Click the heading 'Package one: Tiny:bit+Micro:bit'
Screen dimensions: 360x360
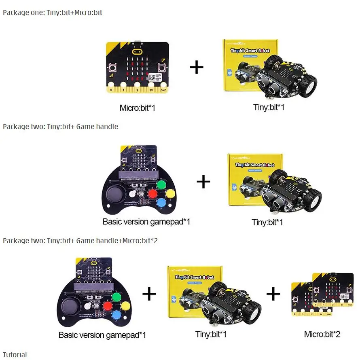tap(53, 13)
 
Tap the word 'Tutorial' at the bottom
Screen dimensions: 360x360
tap(15, 355)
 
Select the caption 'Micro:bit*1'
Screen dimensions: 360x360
tap(137, 108)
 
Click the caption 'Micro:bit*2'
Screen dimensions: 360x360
tap(322, 334)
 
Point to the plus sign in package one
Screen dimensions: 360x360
tap(197, 67)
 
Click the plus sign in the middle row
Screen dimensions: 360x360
tap(203, 182)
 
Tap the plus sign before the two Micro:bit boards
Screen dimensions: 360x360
tap(273, 294)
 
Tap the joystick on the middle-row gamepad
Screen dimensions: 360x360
tap(115, 196)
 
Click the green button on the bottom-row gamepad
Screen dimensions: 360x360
tap(116, 297)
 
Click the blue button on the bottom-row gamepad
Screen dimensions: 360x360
tap(116, 314)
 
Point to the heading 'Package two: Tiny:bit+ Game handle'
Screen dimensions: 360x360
tap(61, 127)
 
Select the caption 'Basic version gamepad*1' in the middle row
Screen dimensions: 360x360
tap(146, 222)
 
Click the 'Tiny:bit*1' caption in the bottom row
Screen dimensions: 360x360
tap(211, 334)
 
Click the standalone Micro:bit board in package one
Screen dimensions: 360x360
tap(137, 67)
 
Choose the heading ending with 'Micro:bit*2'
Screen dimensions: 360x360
tap(80, 241)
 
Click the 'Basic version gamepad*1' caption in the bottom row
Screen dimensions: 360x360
tap(102, 335)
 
